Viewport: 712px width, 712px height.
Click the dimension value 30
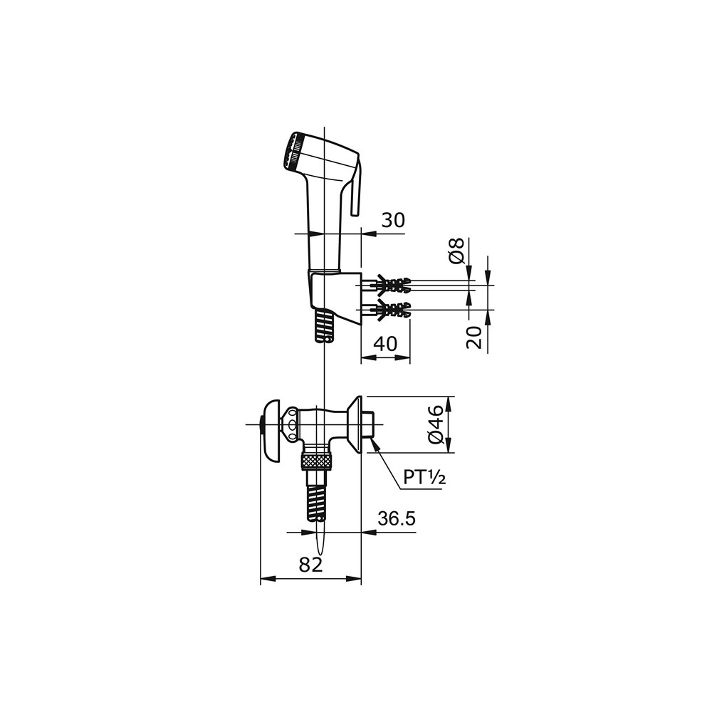click(x=392, y=220)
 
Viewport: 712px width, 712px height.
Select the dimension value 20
click(x=474, y=337)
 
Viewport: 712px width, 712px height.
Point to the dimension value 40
click(x=385, y=344)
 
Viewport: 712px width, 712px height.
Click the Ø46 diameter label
click(x=436, y=425)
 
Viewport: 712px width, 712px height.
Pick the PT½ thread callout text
click(x=424, y=477)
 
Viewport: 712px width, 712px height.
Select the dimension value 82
click(x=310, y=565)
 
